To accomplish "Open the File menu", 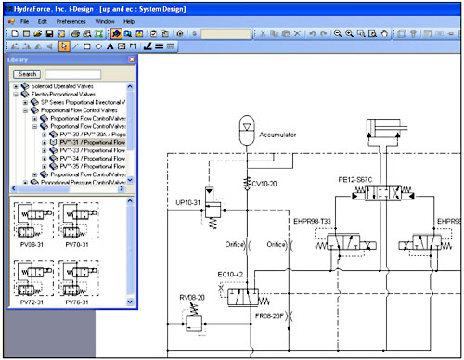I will tap(24, 19).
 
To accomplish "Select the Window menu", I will tap(105, 19).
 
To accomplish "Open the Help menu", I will tap(129, 19).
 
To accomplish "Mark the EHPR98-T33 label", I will tap(316, 222).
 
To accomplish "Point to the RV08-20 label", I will tap(193, 296).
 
